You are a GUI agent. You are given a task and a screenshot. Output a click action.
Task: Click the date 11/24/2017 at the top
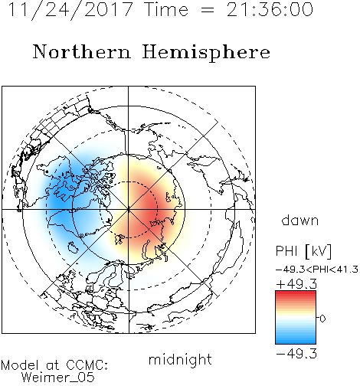point(70,10)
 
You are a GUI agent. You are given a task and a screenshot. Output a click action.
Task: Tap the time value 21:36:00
point(270,9)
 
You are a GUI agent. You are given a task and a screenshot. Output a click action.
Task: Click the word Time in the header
point(166,9)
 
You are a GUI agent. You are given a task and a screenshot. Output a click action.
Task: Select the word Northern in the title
point(82,52)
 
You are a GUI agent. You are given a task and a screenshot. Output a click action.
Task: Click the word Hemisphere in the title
point(206,53)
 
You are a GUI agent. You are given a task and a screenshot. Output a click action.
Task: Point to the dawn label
point(300,220)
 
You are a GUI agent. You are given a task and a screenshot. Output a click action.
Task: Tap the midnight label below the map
point(180,359)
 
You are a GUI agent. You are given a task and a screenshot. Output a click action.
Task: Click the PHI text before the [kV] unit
point(286,251)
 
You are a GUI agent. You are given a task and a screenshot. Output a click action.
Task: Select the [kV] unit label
point(319,251)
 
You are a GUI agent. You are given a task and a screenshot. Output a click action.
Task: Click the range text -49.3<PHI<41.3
point(317,270)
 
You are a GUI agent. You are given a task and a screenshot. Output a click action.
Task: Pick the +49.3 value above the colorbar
point(296,284)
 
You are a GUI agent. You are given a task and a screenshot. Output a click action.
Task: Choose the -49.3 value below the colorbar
point(296,354)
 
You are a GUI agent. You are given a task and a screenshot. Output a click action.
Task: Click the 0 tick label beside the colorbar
point(322,319)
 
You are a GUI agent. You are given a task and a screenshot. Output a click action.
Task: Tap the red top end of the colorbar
point(296,293)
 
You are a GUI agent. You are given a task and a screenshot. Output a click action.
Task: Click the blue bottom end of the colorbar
point(296,342)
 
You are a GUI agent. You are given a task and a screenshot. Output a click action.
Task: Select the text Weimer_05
point(58,377)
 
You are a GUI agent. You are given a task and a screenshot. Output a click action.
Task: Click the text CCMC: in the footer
point(87,365)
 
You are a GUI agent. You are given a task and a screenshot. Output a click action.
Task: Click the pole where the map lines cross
point(129,209)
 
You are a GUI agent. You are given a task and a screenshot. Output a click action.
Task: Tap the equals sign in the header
point(208,10)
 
